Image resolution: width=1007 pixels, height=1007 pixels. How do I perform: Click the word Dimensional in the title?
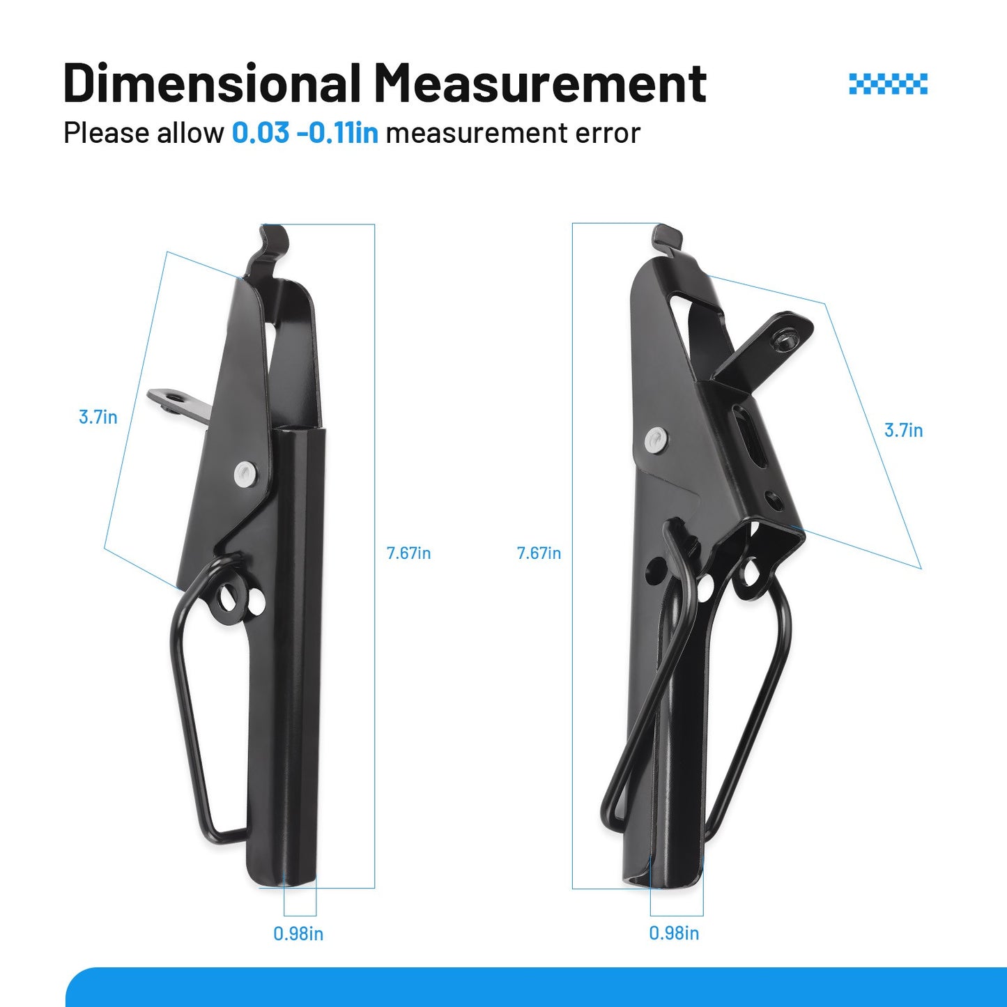pyautogui.click(x=212, y=82)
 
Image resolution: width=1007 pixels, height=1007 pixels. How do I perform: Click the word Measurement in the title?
pyautogui.click(x=540, y=82)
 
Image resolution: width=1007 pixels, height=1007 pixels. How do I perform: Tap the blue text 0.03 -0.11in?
pyautogui.click(x=305, y=132)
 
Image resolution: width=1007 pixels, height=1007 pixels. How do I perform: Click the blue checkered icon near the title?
pyautogui.click(x=888, y=84)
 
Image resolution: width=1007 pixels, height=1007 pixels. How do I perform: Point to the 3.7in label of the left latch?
pyautogui.click(x=98, y=417)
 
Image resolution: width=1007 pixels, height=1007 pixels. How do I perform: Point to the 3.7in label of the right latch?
pyautogui.click(x=904, y=430)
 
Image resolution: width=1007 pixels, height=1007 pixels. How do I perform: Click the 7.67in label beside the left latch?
pyautogui.click(x=408, y=553)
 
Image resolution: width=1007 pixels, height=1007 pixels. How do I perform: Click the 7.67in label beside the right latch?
pyautogui.click(x=539, y=553)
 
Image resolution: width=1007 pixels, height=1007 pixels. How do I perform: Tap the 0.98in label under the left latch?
pyautogui.click(x=298, y=934)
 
